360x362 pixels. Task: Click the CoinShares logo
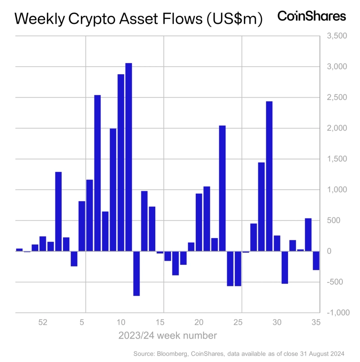point(311,16)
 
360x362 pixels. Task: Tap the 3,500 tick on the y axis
point(334,36)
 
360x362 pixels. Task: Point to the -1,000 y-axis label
point(333,313)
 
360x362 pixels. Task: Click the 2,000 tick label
point(334,128)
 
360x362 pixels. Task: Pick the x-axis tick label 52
point(43,322)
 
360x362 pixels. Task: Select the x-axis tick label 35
point(316,322)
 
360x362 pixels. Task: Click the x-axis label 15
point(160,322)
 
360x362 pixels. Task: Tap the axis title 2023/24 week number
point(167,336)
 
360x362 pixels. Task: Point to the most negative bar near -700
point(136,273)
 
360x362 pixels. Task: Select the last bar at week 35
point(316,261)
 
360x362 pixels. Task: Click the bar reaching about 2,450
point(269,176)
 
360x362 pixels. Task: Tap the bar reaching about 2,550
point(97,173)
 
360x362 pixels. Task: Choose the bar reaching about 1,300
point(58,212)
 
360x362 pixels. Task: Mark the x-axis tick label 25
point(238,322)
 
